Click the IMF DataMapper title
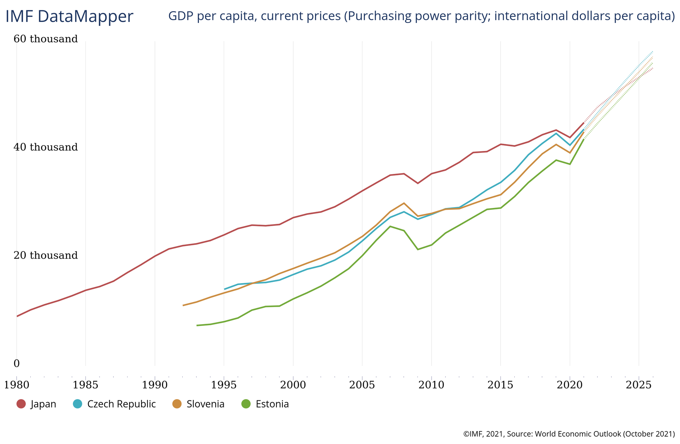click(x=69, y=17)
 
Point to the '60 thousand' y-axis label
click(x=46, y=39)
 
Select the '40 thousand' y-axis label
click(x=46, y=147)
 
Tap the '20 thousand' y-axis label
click(x=46, y=255)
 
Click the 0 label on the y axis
click(x=17, y=364)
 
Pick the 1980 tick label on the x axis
click(x=17, y=385)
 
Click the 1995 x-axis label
click(x=224, y=385)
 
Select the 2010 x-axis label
click(x=432, y=385)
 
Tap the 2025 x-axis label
click(x=639, y=385)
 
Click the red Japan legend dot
click(x=21, y=404)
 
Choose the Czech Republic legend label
click(x=121, y=404)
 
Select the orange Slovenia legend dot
click(x=177, y=404)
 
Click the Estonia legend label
click(x=272, y=404)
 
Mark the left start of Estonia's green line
click(x=197, y=325)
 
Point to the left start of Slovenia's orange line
click(x=183, y=305)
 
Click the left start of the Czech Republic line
click(x=224, y=289)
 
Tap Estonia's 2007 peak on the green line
click(x=390, y=226)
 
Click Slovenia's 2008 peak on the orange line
click(x=404, y=203)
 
